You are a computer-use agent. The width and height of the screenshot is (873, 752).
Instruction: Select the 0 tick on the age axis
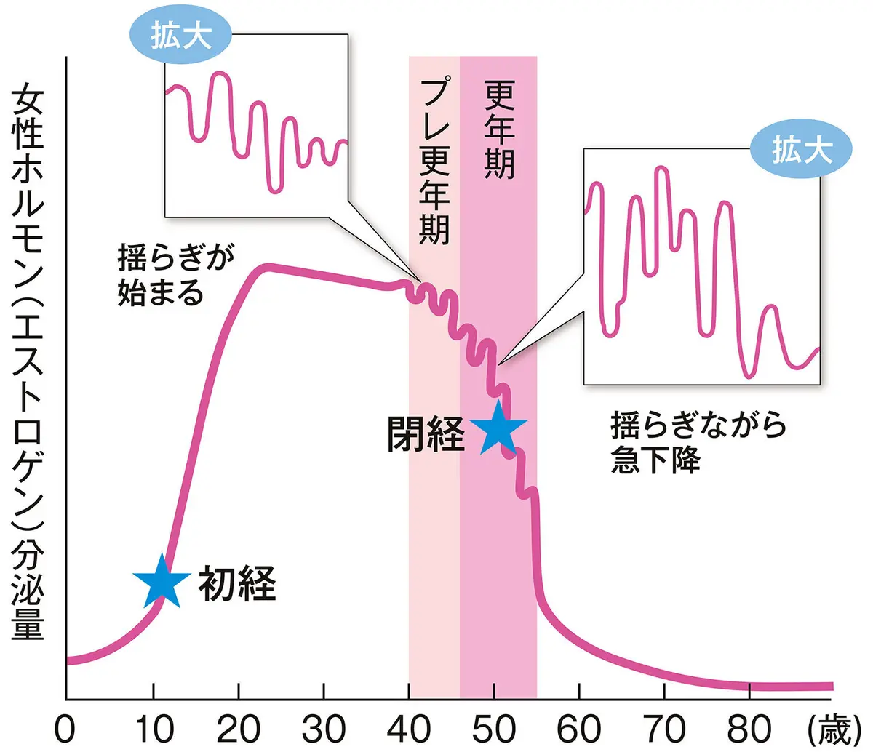[67, 727]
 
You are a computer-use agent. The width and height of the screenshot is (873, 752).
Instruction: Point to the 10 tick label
[153, 727]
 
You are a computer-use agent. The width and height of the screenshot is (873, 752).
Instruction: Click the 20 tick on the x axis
[239, 727]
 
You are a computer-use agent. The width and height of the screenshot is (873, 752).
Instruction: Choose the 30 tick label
[324, 727]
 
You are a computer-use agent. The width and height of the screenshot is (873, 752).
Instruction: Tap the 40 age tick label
[410, 727]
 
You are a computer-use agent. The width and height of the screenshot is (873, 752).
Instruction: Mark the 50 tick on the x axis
[495, 727]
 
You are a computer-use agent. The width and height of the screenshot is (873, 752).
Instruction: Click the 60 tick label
[580, 727]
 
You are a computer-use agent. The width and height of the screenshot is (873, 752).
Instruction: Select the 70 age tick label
[665, 727]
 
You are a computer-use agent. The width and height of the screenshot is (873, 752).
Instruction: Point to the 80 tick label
[750, 727]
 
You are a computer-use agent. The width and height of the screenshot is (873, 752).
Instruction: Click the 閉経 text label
[426, 435]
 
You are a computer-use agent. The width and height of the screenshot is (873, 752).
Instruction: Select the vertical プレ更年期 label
[435, 162]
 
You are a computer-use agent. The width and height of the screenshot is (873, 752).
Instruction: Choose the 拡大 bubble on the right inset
[800, 151]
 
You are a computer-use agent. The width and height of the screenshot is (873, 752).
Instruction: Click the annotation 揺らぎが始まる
[171, 277]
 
